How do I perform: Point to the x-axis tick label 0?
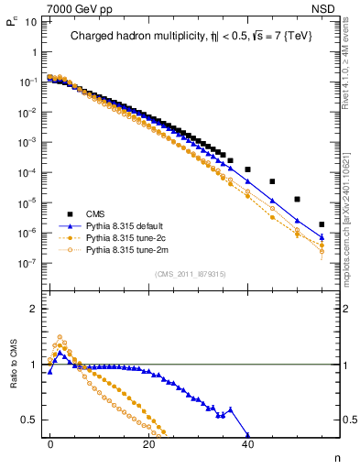click(50, 442)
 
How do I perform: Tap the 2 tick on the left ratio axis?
click(33, 309)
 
